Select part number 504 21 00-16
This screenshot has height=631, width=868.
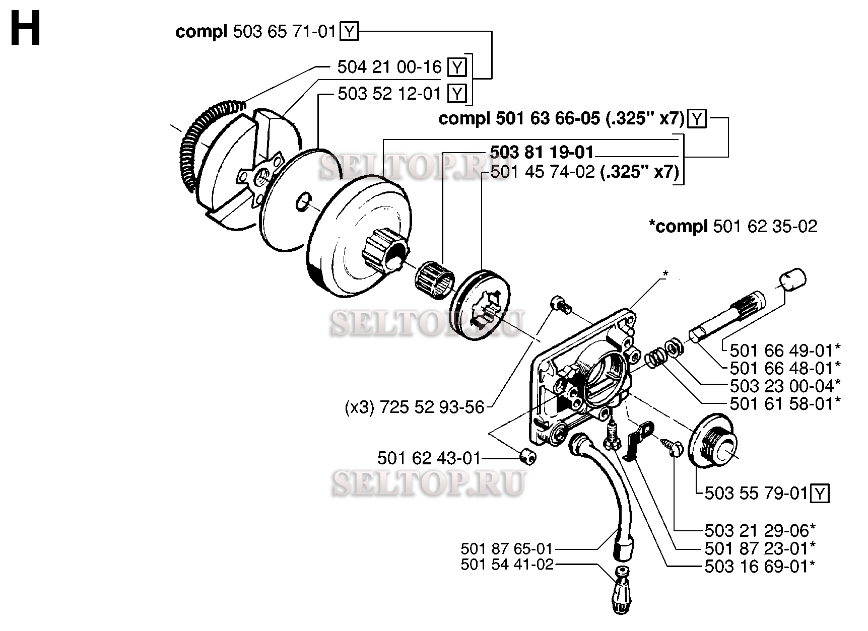(x=389, y=67)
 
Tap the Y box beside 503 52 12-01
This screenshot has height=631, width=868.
(x=457, y=94)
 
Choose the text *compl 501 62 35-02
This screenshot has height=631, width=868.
(x=733, y=226)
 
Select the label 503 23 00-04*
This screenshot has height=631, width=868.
(x=785, y=386)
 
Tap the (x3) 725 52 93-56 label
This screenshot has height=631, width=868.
(x=415, y=407)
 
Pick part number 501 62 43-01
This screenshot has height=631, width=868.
(x=429, y=458)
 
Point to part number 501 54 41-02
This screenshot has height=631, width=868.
(x=507, y=565)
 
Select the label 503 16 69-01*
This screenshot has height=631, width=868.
(x=760, y=566)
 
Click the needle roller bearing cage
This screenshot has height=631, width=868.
(x=435, y=277)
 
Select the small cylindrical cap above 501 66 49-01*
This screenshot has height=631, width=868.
(x=793, y=279)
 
